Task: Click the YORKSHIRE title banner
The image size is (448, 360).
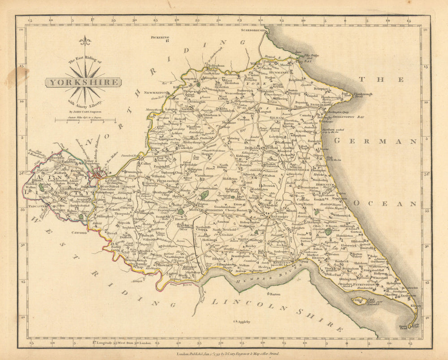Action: point(83,82)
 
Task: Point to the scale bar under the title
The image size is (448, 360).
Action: point(85,120)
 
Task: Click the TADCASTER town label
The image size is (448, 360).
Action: point(35,207)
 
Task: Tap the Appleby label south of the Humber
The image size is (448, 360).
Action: point(244,321)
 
